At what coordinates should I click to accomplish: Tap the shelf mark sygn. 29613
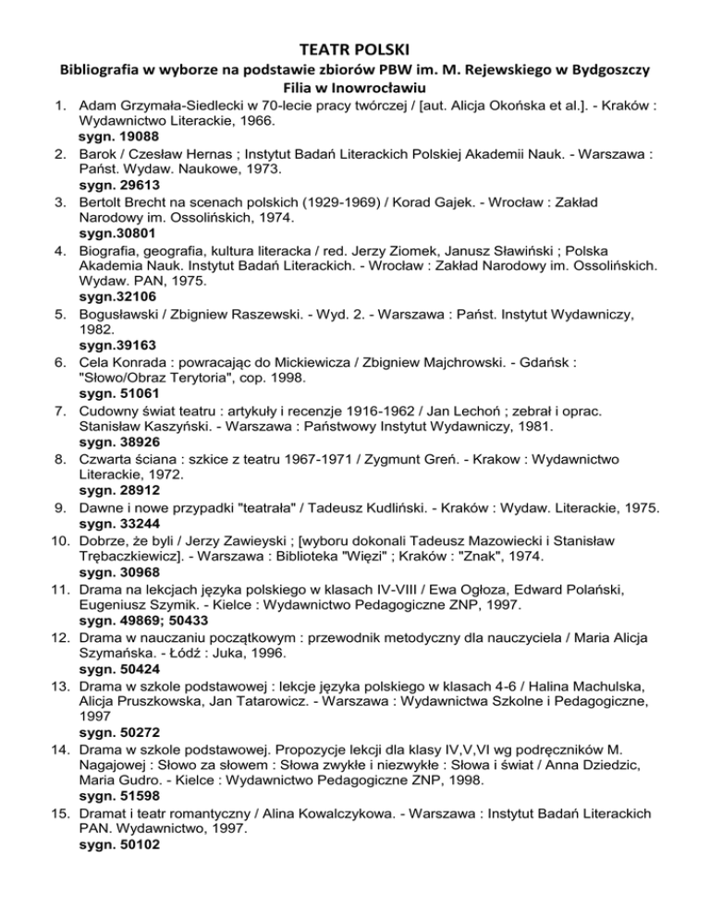pyautogui.click(x=117, y=196)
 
